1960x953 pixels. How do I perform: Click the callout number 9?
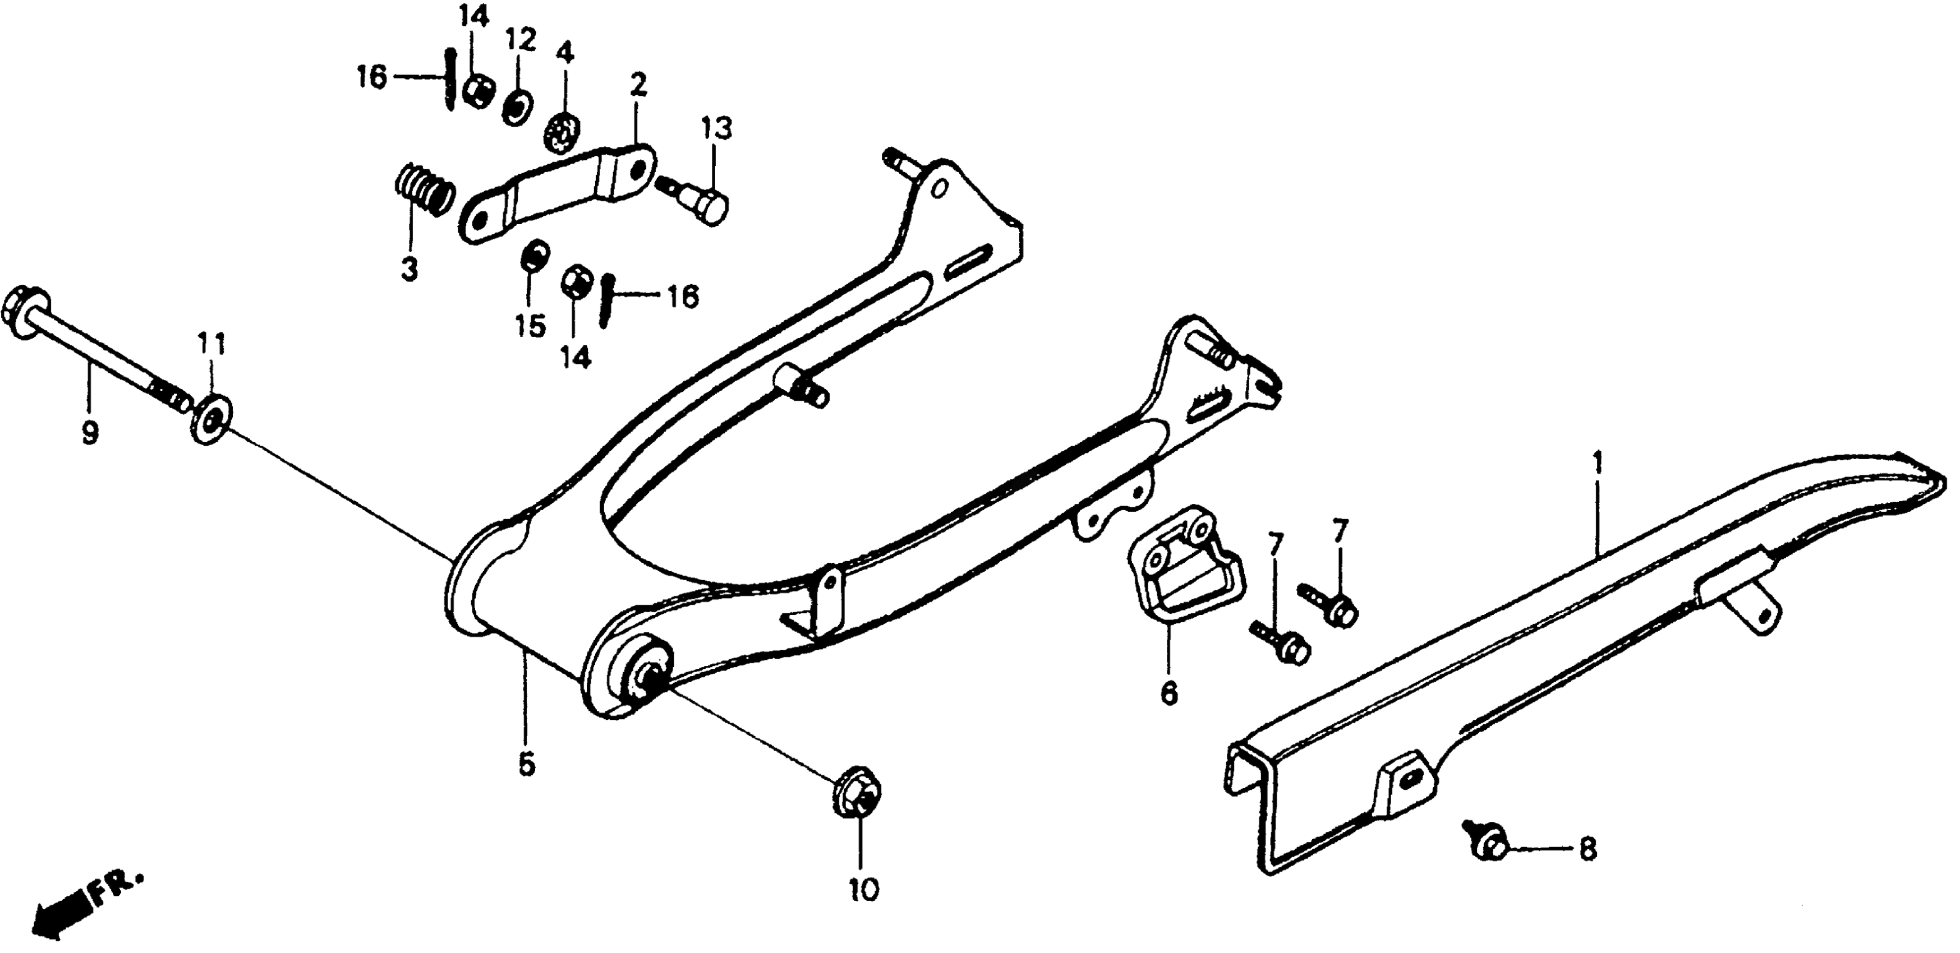click(x=90, y=433)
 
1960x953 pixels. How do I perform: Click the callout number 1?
click(x=1597, y=462)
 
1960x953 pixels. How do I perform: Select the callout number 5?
click(x=527, y=765)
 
